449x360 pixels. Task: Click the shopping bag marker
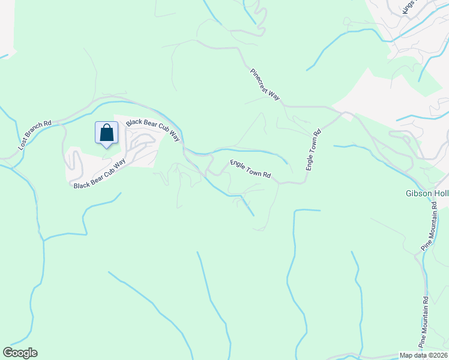tap(106, 133)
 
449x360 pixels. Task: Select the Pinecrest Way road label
tap(265, 85)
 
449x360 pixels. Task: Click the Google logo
tap(20, 353)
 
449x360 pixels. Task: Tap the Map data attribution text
tap(424, 355)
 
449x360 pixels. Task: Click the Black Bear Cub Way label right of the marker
tap(152, 130)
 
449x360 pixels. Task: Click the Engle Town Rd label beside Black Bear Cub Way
tap(251, 170)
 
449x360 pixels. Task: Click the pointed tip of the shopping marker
tap(106, 148)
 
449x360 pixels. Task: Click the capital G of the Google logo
tap(7, 353)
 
